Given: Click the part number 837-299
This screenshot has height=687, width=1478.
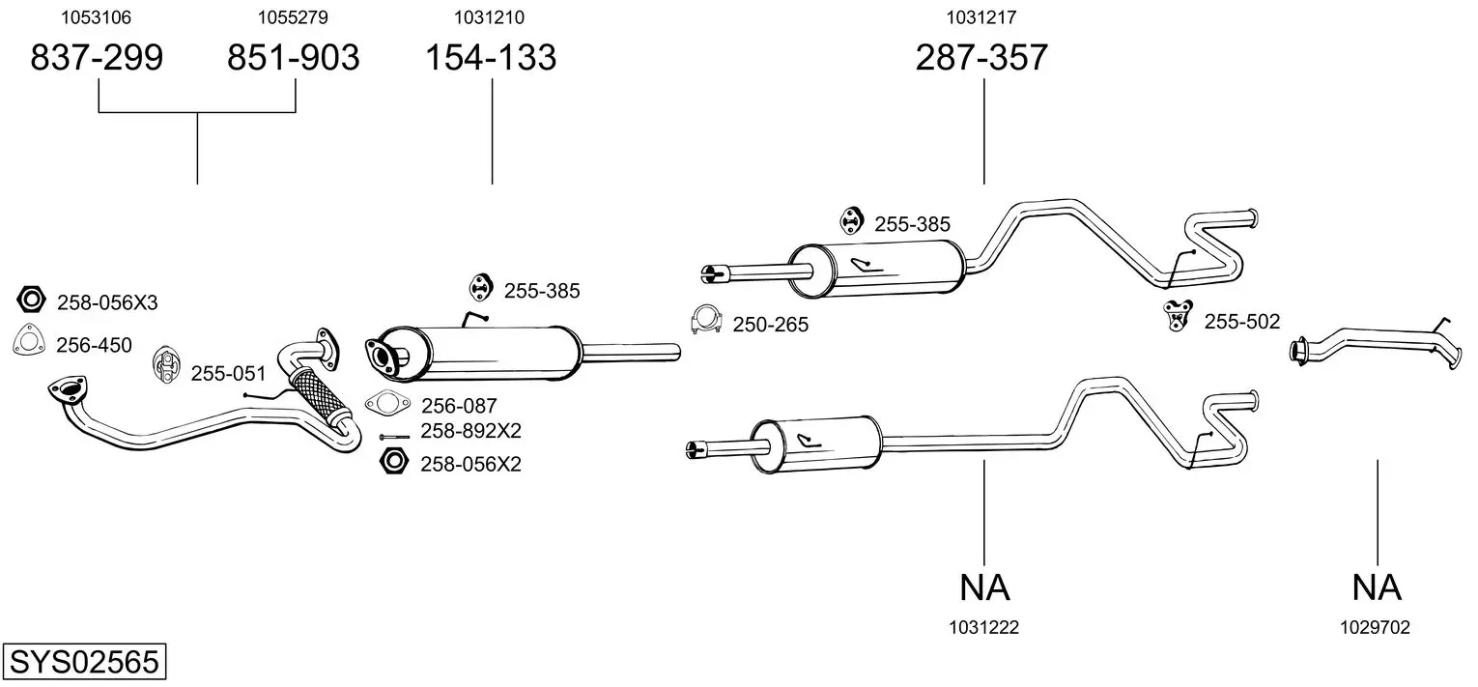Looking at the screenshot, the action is (x=97, y=57).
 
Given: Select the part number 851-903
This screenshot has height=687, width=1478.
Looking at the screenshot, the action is (x=294, y=57).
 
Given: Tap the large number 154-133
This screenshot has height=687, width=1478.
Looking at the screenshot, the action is (x=491, y=57).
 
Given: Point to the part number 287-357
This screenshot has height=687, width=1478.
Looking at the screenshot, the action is (x=981, y=57).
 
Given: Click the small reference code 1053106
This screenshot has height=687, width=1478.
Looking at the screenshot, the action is (x=97, y=17).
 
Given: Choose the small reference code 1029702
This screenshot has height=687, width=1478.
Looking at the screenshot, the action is (x=1375, y=628).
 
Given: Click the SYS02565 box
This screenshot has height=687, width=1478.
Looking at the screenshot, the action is (x=84, y=662).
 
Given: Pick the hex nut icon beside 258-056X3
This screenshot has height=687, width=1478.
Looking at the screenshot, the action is (x=31, y=300).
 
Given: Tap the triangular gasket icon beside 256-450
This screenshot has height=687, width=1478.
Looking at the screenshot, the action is (x=29, y=340).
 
